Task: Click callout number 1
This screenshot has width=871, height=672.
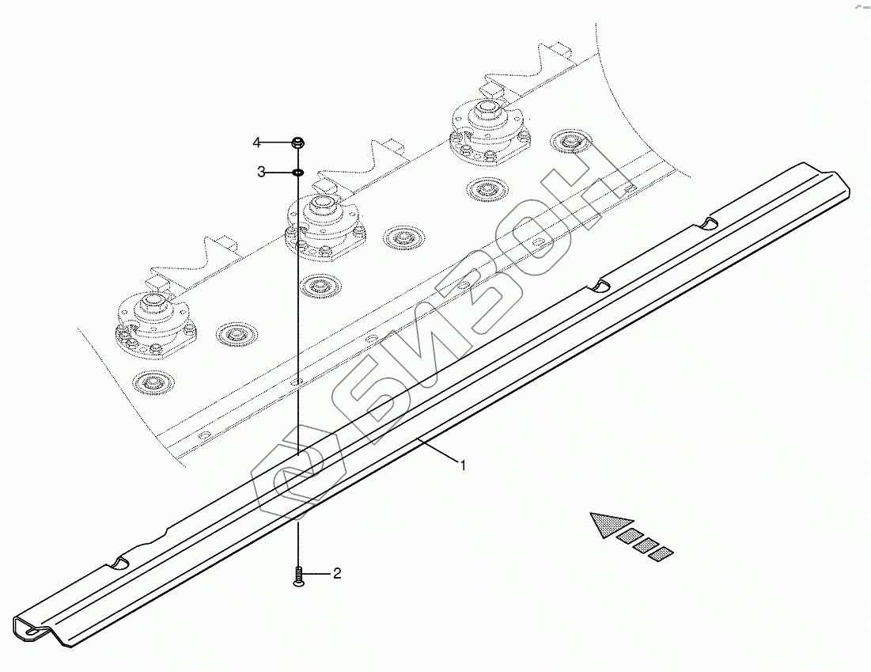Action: point(464,465)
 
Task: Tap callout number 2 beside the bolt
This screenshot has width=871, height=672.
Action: point(337,573)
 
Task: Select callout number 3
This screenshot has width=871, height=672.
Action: point(260,172)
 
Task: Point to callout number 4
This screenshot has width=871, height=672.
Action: point(256,142)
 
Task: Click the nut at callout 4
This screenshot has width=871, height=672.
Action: point(297,142)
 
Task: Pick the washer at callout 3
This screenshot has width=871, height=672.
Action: point(297,172)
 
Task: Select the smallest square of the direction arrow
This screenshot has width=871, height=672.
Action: point(661,553)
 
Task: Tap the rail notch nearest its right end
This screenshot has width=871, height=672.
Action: point(711,225)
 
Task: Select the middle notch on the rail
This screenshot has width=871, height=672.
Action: point(603,284)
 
